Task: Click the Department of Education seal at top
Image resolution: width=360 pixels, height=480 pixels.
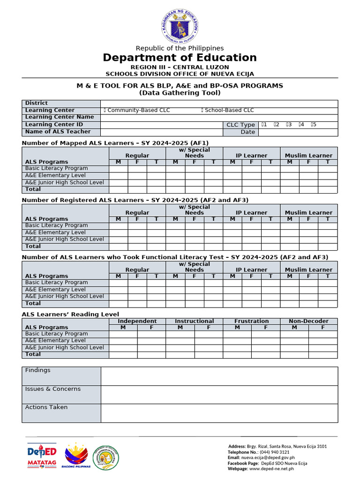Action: point(180,23)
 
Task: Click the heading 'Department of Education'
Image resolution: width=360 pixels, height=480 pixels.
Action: point(180,58)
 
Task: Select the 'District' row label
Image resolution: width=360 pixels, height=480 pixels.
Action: point(37,103)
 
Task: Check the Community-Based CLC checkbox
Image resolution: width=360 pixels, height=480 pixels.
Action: point(105,110)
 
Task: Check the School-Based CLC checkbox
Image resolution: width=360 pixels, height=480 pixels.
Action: point(202,110)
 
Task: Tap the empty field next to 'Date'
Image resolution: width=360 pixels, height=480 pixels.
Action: point(298,132)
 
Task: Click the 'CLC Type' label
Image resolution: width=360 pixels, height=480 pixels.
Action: point(240,125)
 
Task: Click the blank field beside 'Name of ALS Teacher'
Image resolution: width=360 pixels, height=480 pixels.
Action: point(161,132)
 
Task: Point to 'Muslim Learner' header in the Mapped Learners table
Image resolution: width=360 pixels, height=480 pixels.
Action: point(308,155)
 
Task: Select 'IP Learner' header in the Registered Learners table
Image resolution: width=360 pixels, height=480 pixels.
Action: point(251,212)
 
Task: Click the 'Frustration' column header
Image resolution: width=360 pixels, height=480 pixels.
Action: point(251,321)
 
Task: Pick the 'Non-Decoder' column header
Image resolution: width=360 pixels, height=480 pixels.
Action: point(308,321)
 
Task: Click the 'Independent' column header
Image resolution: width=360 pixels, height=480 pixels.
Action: point(137,321)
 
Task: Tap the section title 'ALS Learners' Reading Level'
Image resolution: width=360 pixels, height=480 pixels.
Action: point(70,314)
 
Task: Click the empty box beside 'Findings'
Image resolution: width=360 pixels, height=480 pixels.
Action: point(219,376)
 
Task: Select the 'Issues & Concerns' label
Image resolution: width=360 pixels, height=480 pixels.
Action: point(52,389)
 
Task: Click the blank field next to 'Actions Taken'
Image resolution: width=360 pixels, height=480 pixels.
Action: point(219,413)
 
